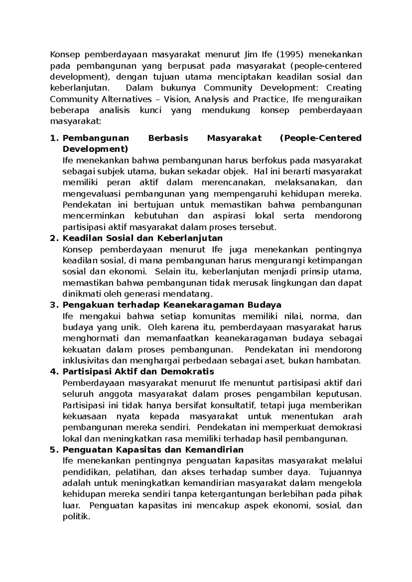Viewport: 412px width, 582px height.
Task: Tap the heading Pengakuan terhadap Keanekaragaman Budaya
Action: (172, 305)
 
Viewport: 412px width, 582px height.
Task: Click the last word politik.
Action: (76, 517)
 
